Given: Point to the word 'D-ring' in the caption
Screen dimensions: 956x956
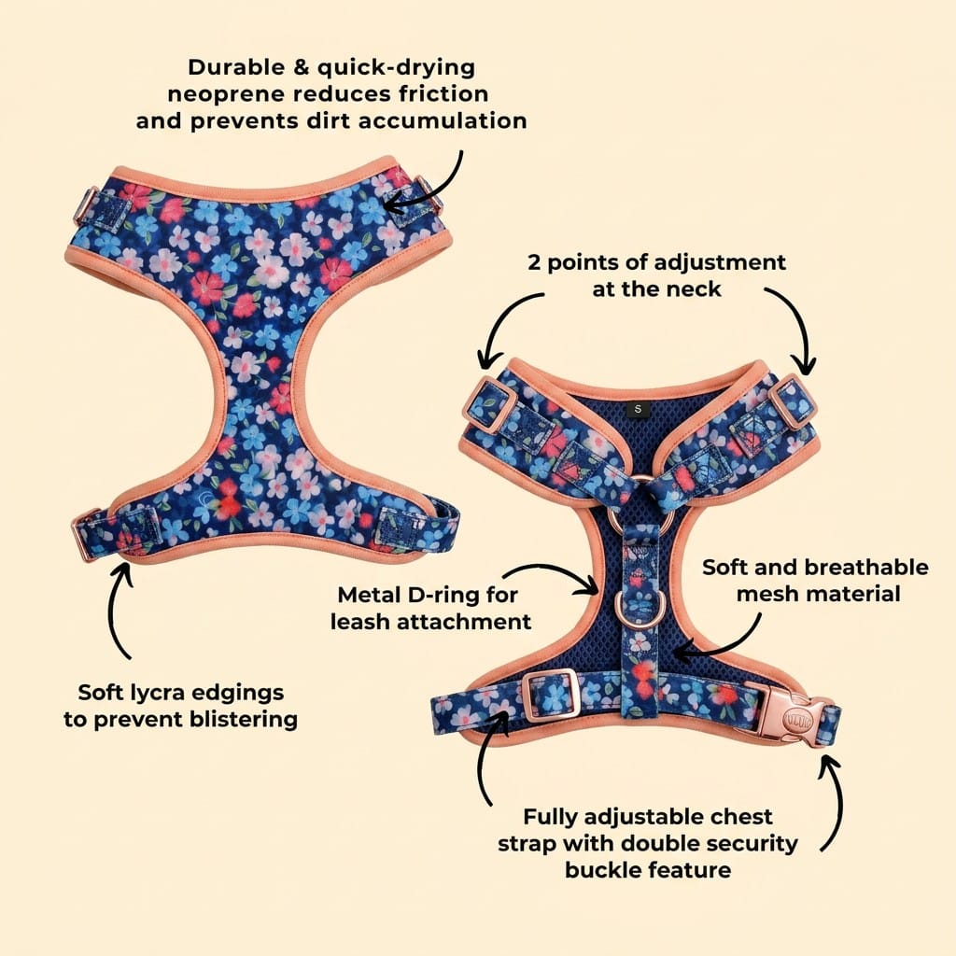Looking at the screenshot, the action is (441, 595).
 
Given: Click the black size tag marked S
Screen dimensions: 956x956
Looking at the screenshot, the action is (638, 409).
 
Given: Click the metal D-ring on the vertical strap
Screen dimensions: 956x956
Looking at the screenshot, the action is (637, 608).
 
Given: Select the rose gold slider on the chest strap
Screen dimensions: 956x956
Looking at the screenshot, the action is (551, 696).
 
